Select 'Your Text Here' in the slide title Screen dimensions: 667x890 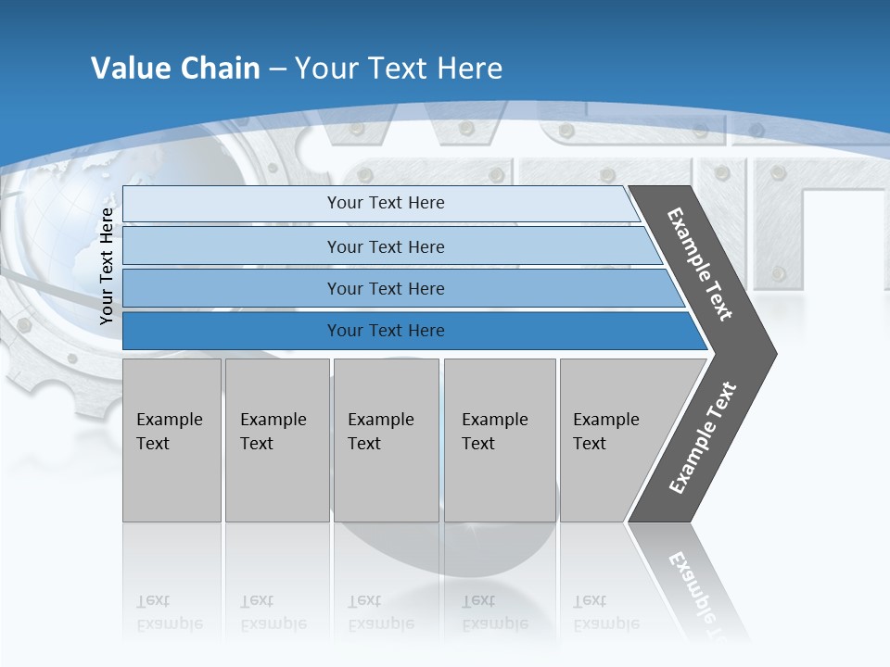click(399, 68)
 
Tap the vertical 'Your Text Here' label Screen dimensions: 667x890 click(107, 267)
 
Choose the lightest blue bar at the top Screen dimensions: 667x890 click(385, 203)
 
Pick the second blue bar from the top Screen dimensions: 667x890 click(385, 246)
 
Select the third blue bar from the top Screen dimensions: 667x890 click(385, 288)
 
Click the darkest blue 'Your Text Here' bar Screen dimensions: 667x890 click(385, 331)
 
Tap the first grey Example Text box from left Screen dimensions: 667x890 click(172, 440)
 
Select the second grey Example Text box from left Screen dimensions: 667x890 click(276, 440)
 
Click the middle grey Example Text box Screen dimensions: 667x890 click(386, 440)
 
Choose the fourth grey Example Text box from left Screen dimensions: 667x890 click(500, 440)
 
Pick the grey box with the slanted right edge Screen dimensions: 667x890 click(612, 440)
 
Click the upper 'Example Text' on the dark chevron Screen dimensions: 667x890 click(700, 264)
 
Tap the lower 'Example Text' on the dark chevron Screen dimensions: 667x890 click(703, 437)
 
